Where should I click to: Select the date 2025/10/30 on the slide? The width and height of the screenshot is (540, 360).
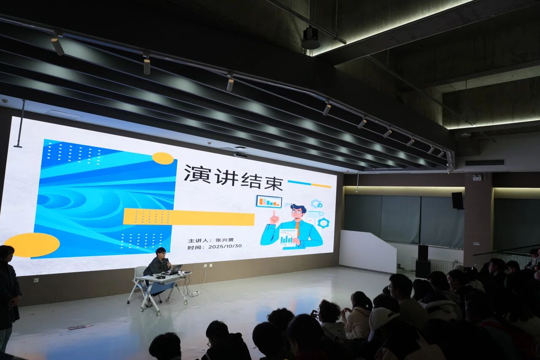pos(225,246)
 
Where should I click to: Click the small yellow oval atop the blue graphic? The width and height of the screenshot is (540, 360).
pos(163,158)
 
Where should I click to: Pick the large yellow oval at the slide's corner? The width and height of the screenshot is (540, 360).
pos(32,245)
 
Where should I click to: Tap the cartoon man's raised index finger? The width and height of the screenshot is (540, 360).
pos(274,214)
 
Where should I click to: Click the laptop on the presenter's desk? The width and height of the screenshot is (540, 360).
pos(175,270)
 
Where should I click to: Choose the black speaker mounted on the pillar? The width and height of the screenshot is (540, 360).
pos(458,200)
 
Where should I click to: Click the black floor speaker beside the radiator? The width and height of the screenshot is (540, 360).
pos(423,261)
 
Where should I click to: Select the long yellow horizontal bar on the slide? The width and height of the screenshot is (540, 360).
pos(189,217)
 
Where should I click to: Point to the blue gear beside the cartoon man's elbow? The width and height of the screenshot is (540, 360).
pos(324,222)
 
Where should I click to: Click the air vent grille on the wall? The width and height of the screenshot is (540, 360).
pos(485,162)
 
